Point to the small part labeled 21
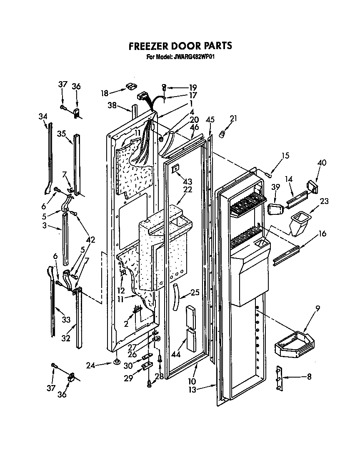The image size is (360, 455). (222, 134)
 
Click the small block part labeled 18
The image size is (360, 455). (130, 86)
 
